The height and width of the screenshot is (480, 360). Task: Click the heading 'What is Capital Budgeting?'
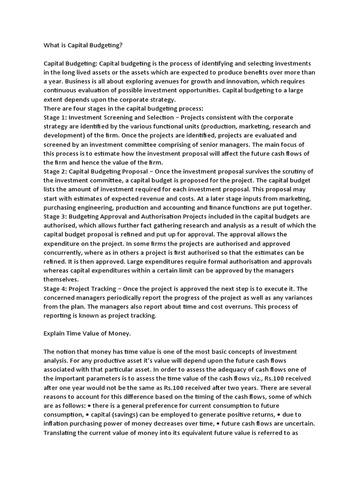[83, 45]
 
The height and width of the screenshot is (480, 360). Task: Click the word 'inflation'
[57, 424]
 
